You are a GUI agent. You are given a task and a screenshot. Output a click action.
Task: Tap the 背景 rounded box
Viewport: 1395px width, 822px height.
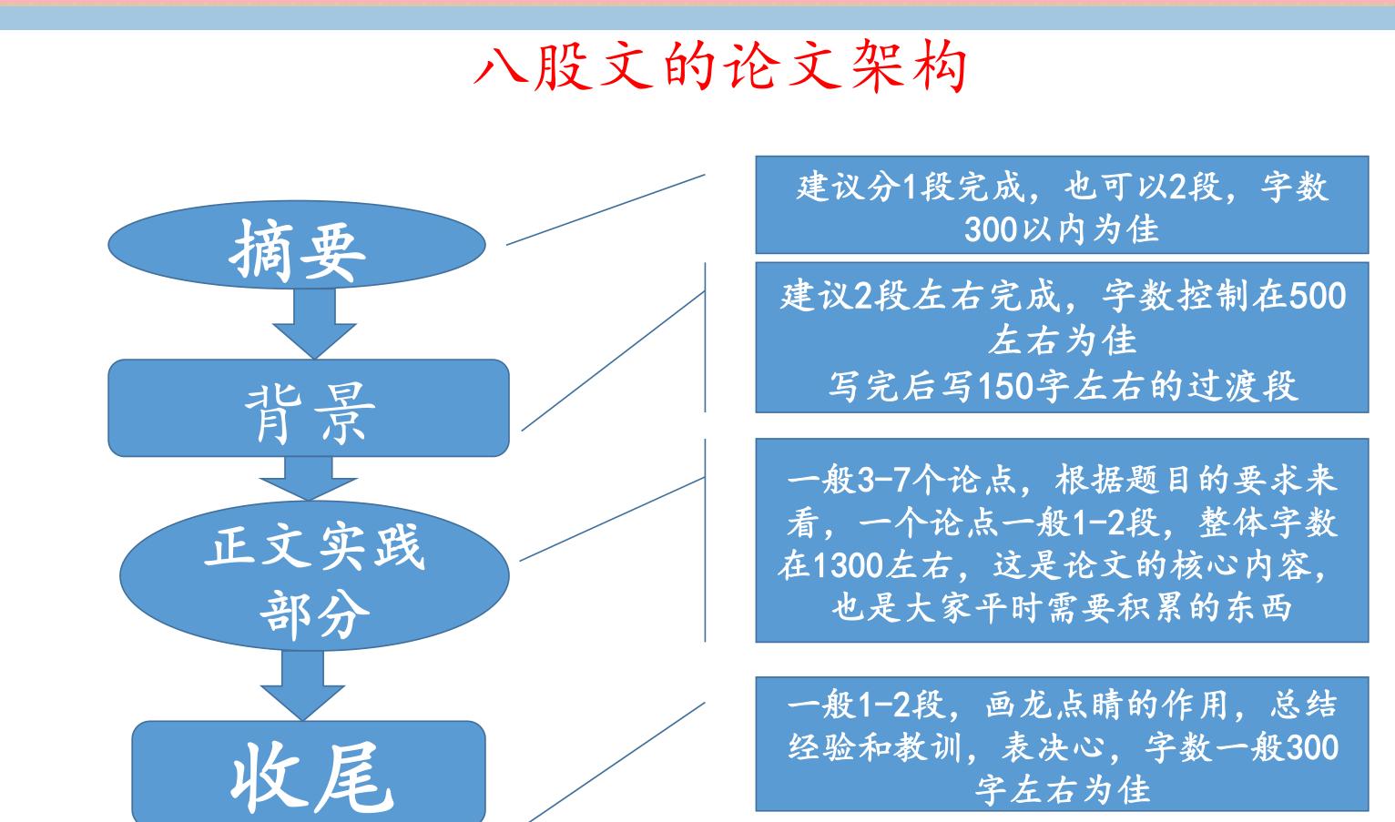pyautogui.click(x=309, y=409)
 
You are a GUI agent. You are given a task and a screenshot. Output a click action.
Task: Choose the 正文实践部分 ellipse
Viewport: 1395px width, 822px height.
pyautogui.click(x=314, y=574)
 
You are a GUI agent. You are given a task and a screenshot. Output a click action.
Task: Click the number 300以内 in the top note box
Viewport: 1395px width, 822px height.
pyautogui.click(x=1012, y=228)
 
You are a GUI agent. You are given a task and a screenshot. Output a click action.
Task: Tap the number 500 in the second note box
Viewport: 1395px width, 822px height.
pyautogui.click(x=1318, y=297)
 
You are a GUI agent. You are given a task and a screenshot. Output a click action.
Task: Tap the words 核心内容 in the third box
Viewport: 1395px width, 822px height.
pyautogui.click(x=1255, y=566)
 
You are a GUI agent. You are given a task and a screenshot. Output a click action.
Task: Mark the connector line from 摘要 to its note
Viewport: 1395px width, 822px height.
pyautogui.click(x=606, y=208)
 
